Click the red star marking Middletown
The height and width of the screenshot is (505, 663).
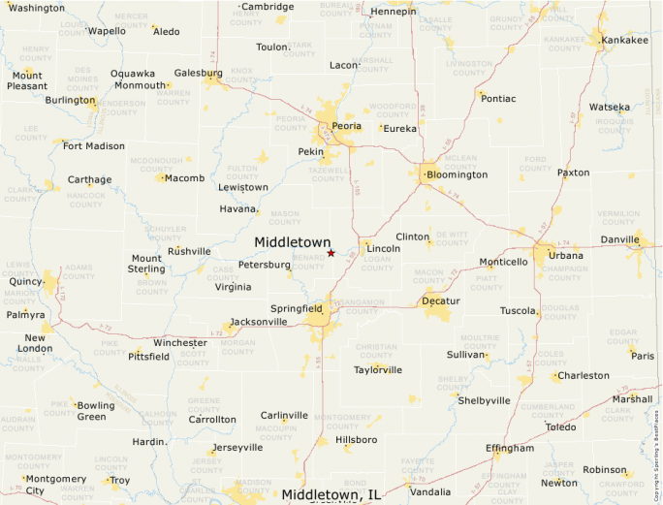coord(331,253)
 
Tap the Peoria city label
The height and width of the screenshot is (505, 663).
coord(346,126)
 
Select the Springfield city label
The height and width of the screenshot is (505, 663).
coord(297,308)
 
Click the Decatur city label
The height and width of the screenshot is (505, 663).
coord(441,301)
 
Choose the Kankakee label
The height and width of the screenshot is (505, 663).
coord(624,41)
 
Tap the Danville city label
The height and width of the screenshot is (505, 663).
coord(620,238)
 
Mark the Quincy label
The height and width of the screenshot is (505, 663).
coord(26,282)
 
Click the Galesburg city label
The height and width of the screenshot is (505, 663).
coord(198,73)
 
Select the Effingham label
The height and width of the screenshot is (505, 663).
coord(510,448)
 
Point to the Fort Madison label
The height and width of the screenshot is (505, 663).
coord(93,146)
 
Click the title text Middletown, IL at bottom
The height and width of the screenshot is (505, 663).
coord(331,495)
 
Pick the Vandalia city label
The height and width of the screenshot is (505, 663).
coord(430,491)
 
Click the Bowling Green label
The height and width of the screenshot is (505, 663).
coord(95,411)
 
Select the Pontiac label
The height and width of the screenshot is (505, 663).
coord(498,98)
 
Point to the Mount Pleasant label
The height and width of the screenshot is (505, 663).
coord(27,79)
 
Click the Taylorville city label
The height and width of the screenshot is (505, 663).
coord(378,369)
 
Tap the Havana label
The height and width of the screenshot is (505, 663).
coord(237,208)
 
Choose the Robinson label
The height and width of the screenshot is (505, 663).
coord(605,470)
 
